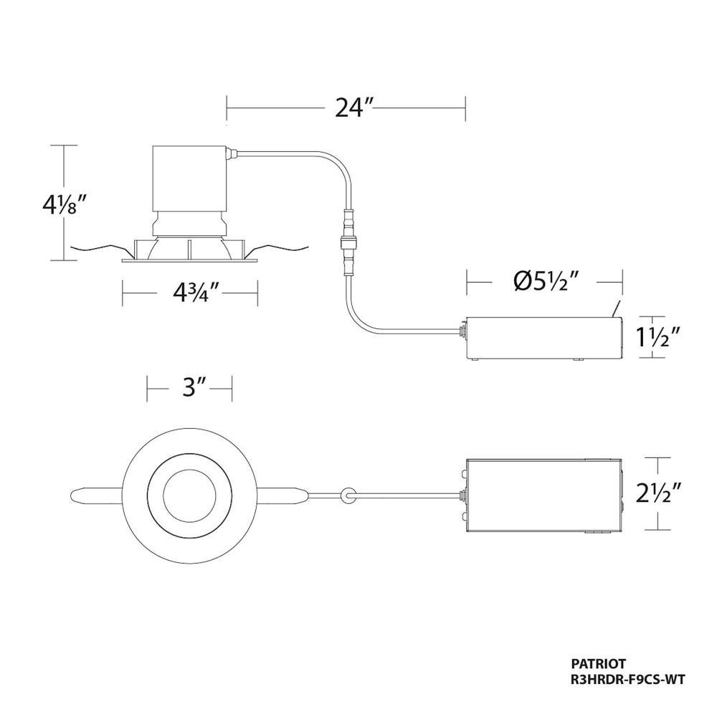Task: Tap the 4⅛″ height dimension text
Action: (x=64, y=206)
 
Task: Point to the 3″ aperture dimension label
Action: (x=189, y=388)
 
